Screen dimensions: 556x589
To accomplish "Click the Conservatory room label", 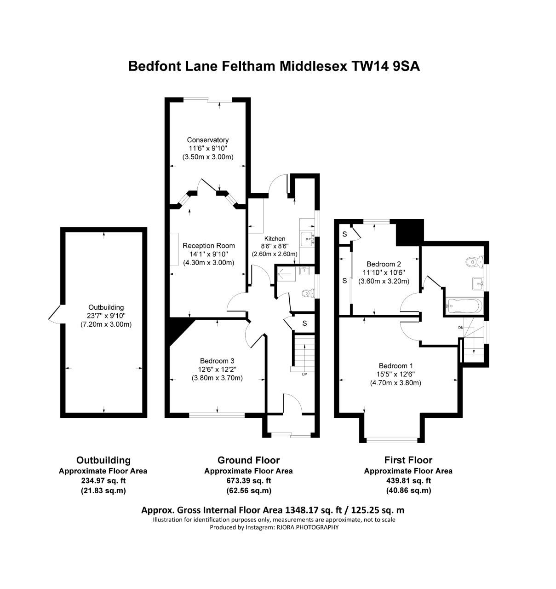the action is click(x=207, y=140).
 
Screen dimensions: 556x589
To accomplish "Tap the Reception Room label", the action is click(x=208, y=246).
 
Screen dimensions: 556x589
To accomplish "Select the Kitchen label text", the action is click(x=275, y=239).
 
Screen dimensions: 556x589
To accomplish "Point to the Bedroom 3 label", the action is click(x=217, y=361).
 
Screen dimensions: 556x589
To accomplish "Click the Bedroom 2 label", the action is click(x=384, y=264).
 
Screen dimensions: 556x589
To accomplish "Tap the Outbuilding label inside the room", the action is click(x=106, y=307).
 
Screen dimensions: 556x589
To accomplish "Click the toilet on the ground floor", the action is click(x=306, y=293).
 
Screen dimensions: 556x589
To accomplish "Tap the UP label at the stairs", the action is click(x=304, y=375).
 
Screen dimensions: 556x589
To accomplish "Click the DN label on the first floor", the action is click(x=460, y=328).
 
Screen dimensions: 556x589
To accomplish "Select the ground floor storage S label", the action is click(x=304, y=323).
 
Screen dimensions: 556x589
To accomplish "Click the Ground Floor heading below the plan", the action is click(x=248, y=460).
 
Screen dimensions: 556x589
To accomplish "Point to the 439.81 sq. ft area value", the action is click(x=408, y=481).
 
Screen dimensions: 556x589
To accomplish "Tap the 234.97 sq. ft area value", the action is click(x=103, y=481).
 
